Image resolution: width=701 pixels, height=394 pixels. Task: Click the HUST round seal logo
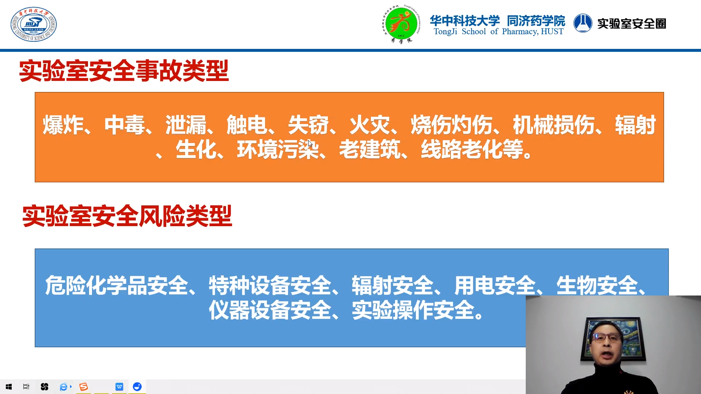(x=34, y=24)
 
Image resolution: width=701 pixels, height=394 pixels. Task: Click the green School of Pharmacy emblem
(x=401, y=24)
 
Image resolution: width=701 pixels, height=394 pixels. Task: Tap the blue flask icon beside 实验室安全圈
(x=583, y=23)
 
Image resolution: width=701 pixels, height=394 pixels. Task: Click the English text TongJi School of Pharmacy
(x=498, y=32)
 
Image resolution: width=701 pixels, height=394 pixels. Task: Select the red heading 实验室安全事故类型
(x=124, y=71)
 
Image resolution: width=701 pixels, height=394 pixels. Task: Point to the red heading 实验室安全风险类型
(x=127, y=216)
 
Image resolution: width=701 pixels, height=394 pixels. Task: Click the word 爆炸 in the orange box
(x=63, y=125)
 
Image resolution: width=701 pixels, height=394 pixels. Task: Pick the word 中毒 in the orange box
(x=125, y=125)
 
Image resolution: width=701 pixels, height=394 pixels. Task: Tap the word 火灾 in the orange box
(x=370, y=125)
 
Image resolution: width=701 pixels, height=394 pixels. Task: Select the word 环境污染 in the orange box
(x=278, y=149)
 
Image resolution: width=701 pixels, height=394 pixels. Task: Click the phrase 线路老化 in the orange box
(x=462, y=149)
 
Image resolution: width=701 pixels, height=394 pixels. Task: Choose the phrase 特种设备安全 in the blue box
(x=270, y=285)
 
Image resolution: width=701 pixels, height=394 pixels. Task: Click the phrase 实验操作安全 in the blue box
(x=413, y=310)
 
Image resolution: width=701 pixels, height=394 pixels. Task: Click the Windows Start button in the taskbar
(x=9, y=387)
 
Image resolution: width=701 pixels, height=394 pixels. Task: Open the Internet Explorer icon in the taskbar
(x=64, y=387)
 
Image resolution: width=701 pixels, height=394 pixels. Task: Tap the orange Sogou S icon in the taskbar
(x=84, y=387)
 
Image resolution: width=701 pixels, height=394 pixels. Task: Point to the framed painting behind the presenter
(x=613, y=339)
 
